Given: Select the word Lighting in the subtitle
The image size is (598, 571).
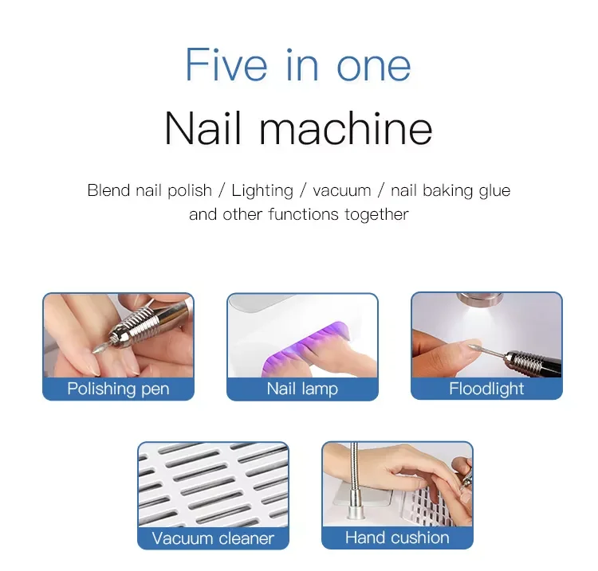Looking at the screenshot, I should [262, 190].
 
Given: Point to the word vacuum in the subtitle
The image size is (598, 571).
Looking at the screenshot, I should [341, 190].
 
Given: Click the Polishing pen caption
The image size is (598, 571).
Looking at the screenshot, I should [118, 389].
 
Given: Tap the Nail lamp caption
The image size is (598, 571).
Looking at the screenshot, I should [302, 389].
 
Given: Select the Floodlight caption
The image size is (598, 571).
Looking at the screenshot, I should [486, 389].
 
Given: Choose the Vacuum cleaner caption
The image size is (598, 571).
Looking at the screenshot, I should [213, 538].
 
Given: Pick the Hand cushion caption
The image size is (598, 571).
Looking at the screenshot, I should [397, 538].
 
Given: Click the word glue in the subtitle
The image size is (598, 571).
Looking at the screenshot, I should [494, 190].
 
